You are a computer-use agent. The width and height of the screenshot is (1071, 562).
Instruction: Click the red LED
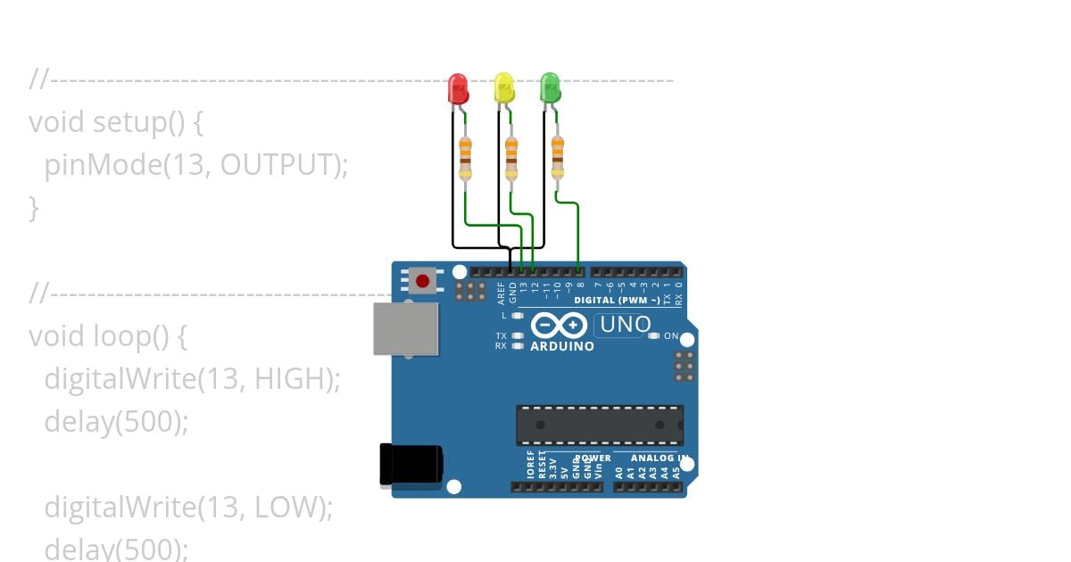(458, 88)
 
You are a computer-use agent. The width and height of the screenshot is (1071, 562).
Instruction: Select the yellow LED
(504, 88)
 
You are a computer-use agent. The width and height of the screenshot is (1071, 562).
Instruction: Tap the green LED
(551, 87)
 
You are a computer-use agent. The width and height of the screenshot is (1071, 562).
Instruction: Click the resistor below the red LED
(465, 158)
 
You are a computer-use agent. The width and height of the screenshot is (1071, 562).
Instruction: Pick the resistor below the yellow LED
(511, 158)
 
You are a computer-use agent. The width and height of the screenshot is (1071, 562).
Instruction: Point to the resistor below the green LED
(558, 158)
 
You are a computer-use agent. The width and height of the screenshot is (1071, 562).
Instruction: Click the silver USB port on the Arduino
(406, 328)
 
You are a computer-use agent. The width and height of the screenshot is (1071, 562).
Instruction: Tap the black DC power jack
(411, 465)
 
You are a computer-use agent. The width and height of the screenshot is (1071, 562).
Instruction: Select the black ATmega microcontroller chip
(600, 425)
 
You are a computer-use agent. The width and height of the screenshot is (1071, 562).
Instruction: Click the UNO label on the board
(626, 326)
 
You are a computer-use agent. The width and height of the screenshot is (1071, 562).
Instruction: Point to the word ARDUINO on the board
(562, 346)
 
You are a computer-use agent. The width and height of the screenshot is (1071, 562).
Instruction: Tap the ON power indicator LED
(654, 336)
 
